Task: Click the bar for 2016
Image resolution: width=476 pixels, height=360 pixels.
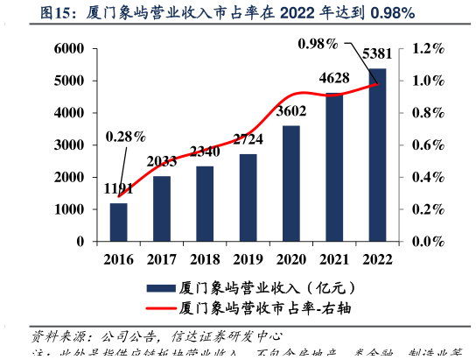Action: tap(119, 222)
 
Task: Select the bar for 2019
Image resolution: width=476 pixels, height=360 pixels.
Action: tap(248, 198)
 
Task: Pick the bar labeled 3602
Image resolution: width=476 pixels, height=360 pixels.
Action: tap(291, 184)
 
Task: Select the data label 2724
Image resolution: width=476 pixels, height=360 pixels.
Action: tap(248, 139)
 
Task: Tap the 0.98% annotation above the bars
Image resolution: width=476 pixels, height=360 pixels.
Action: tap(318, 44)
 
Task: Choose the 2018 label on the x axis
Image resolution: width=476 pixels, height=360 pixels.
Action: tap(205, 258)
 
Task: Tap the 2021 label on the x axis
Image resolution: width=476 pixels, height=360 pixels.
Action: tap(334, 258)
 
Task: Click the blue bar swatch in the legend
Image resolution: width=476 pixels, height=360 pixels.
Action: tap(159, 287)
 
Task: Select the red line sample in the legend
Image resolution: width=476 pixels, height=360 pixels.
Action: tap(159, 308)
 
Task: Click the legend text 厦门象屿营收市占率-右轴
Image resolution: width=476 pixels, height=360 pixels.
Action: tap(268, 308)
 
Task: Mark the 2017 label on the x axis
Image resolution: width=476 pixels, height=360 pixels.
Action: tap(162, 258)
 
